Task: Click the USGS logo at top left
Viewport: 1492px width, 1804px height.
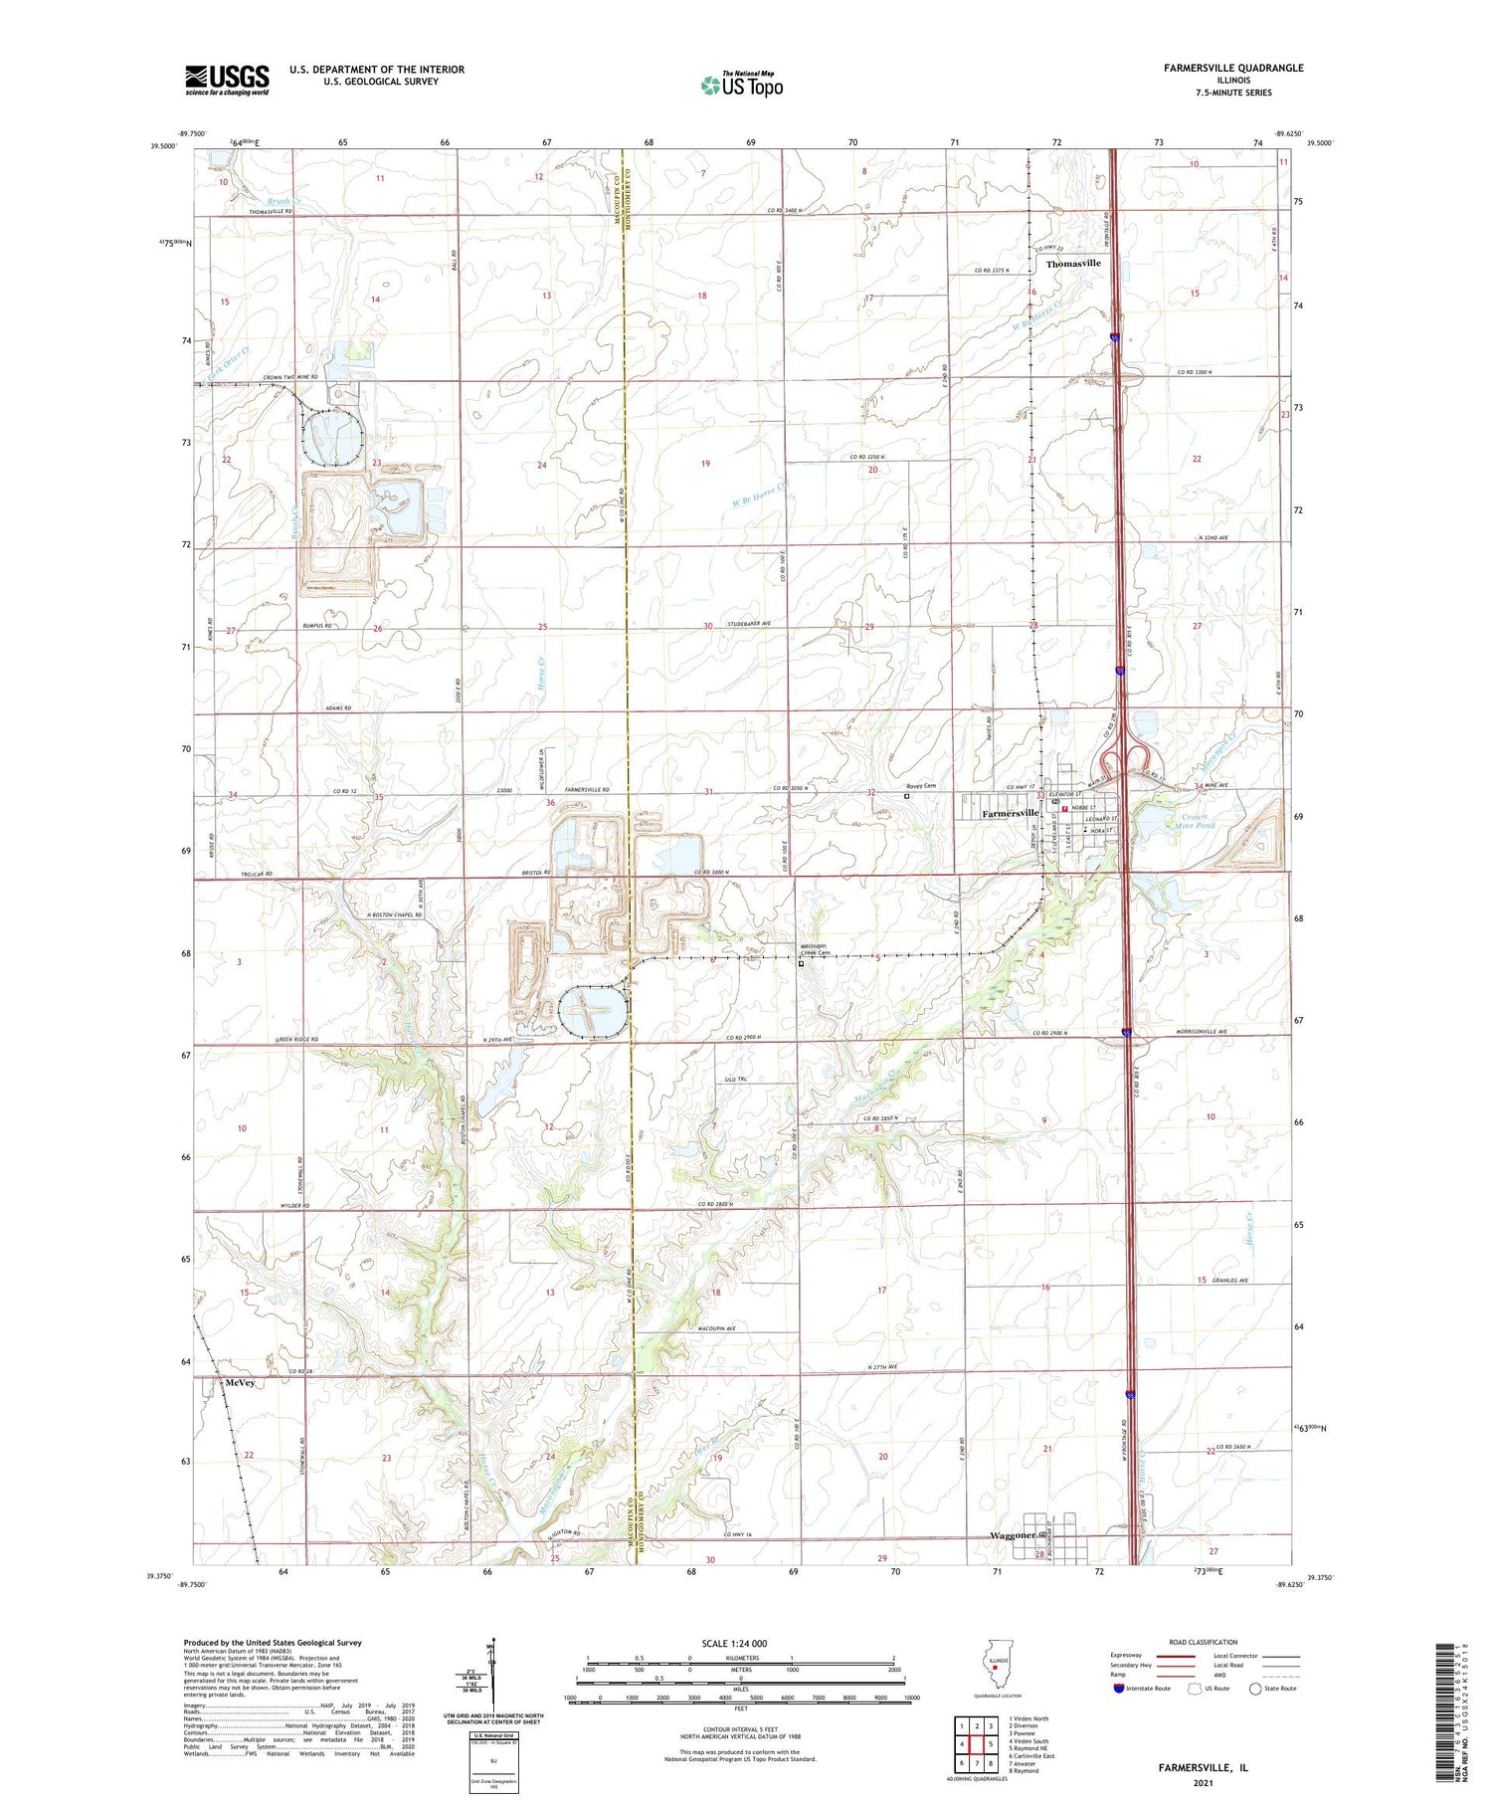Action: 227,80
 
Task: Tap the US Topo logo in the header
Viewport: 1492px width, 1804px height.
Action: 742,85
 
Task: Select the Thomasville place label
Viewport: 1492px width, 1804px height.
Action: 1073,263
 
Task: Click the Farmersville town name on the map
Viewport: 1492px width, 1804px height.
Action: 1011,813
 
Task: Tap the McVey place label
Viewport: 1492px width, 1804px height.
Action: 240,1383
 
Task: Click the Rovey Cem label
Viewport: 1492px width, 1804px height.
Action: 921,785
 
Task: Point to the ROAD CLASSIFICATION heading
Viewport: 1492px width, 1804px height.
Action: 1204,1642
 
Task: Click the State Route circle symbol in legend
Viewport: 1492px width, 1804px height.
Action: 1255,1689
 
